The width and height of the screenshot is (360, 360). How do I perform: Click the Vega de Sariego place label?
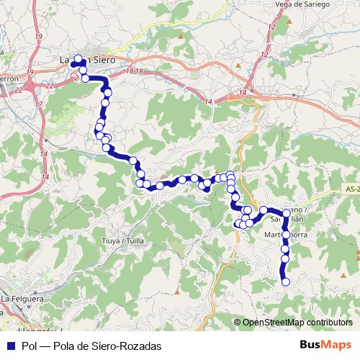pos(302,4)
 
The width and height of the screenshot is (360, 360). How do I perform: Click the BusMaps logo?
pos(325,346)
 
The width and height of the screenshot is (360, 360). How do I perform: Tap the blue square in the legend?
pos(12,346)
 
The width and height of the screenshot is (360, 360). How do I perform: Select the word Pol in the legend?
pos(30,346)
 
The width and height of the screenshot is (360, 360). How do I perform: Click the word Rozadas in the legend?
pos(140,346)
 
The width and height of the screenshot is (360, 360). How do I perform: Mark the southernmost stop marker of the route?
pos(284,282)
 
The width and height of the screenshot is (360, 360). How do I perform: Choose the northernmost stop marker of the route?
pos(78,60)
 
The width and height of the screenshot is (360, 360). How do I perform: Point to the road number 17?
pos(37,104)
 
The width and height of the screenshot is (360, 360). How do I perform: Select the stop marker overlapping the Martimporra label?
pos(286,235)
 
